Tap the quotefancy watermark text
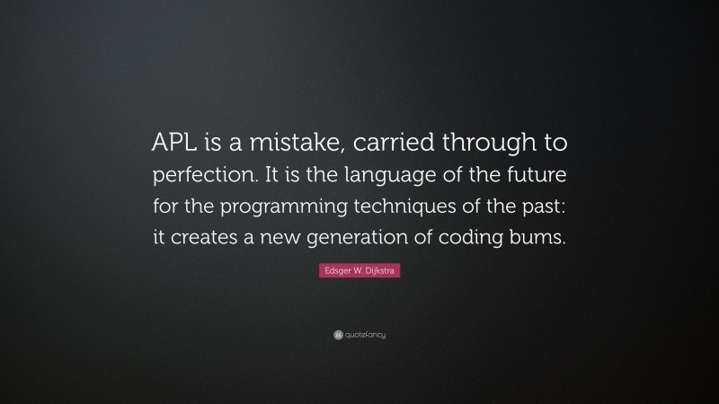(x=364, y=335)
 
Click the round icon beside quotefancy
(x=338, y=335)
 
